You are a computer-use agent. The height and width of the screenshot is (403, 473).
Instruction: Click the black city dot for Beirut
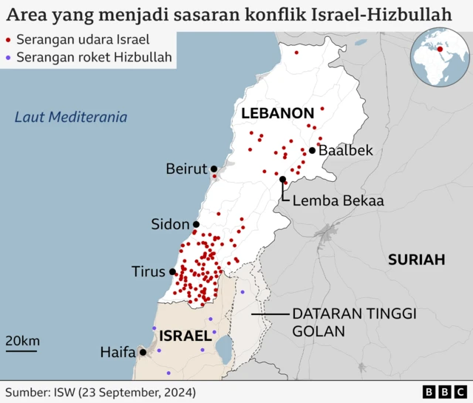pos(214,169)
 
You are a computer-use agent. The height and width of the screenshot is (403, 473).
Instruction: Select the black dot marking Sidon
pos(196,224)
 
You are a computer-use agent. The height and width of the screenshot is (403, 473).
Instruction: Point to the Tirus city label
pos(148,271)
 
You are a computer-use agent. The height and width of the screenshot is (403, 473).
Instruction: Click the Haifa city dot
pos(142,352)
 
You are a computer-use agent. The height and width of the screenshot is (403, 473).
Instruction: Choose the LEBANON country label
pos(277,113)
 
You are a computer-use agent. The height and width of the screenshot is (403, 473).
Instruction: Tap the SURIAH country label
pos(417,260)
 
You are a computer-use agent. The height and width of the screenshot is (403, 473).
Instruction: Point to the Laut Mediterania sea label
pos(71,117)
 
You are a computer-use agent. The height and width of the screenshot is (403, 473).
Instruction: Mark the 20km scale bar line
pos(21,352)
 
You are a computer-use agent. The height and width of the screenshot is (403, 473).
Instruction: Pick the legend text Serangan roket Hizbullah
pos(93,56)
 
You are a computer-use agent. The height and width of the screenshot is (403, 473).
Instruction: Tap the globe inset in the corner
pos(440,55)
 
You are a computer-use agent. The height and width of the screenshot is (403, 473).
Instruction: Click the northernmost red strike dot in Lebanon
pos(296,53)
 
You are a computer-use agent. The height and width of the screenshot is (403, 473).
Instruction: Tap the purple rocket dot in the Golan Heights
pos(242,292)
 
